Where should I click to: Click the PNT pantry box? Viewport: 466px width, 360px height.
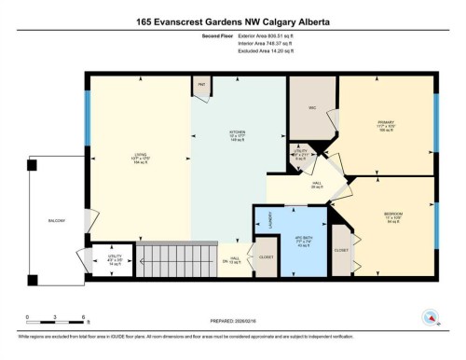tap(201, 86)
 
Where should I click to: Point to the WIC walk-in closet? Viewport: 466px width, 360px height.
tap(312, 108)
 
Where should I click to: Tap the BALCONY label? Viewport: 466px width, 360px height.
tap(57, 221)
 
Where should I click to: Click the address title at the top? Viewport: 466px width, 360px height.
tap(232, 21)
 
